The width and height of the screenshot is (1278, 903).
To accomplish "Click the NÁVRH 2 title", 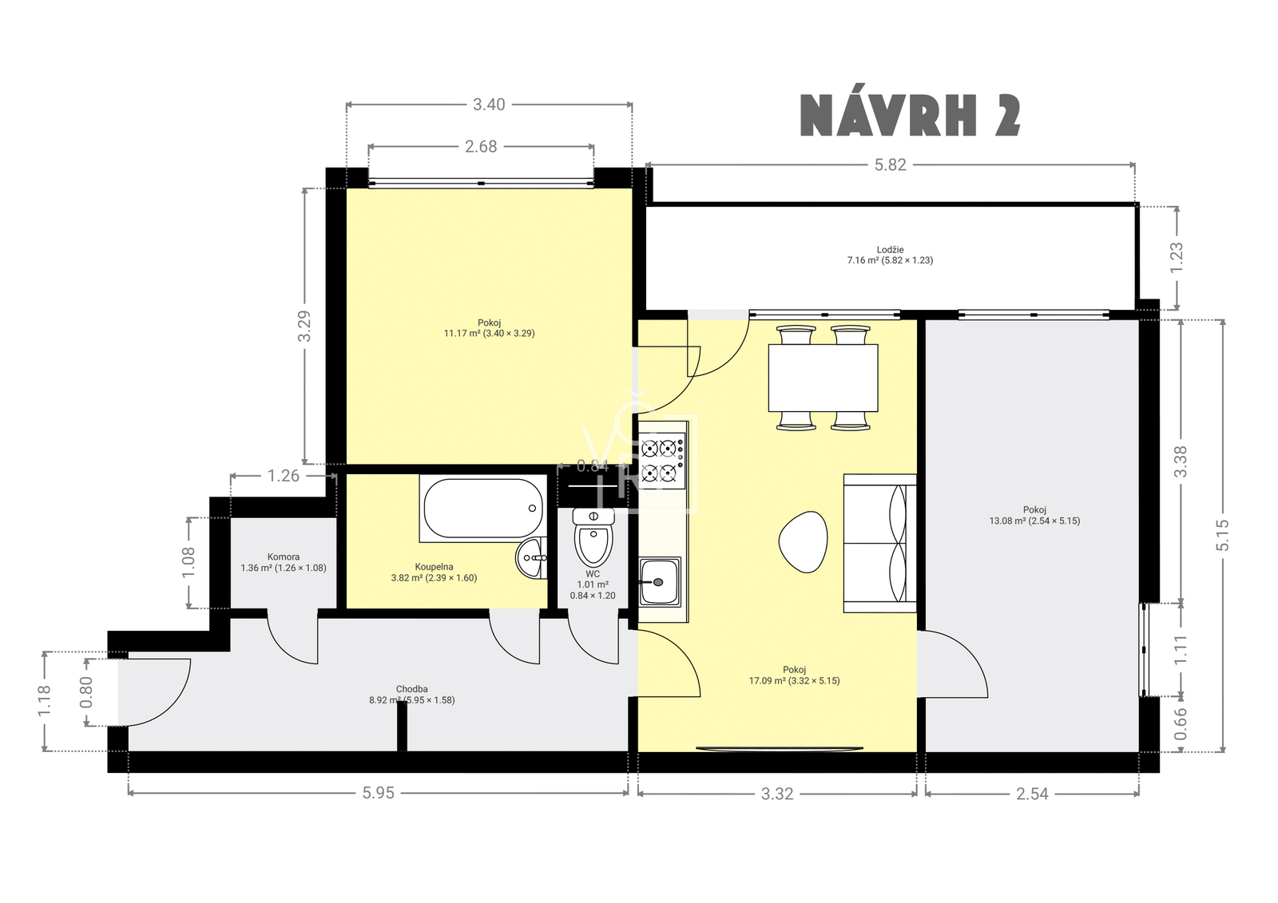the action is click(x=911, y=116).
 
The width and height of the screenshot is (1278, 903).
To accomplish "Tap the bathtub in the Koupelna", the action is click(x=483, y=509).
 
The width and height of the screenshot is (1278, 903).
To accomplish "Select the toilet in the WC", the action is click(x=593, y=537).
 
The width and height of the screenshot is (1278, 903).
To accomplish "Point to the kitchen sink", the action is click(x=660, y=582).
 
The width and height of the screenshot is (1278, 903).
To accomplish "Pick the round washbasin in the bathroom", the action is click(x=531, y=558).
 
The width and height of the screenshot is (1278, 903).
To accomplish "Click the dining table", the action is click(x=823, y=378).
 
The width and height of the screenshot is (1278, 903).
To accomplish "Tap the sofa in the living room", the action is click(x=879, y=543).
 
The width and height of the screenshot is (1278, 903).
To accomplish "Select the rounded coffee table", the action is click(x=803, y=541).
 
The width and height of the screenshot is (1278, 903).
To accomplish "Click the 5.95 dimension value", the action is click(x=379, y=793).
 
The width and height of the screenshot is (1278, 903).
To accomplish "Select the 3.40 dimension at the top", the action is click(x=489, y=105).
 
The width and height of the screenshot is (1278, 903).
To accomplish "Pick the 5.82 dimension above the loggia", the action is click(x=890, y=164).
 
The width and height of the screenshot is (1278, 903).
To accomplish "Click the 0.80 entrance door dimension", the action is click(x=87, y=692).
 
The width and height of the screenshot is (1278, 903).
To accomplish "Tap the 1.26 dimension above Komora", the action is click(x=284, y=475).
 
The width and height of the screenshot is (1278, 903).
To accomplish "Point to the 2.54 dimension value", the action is click(x=1032, y=794).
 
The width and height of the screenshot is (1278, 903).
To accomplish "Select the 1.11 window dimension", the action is click(x=1180, y=649).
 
